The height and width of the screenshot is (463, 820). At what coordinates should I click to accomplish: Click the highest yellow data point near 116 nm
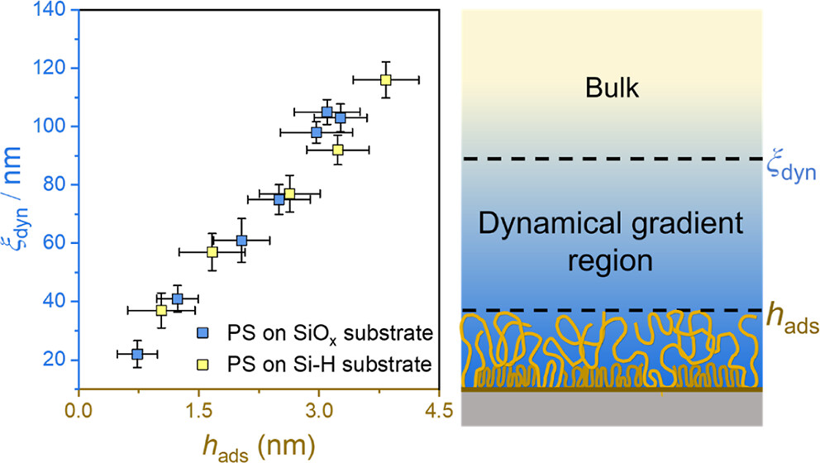click(385, 79)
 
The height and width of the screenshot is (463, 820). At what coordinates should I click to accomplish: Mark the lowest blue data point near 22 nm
click(137, 354)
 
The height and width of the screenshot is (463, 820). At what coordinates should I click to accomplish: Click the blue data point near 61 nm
click(241, 241)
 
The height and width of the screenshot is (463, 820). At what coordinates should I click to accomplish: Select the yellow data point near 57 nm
click(212, 251)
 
